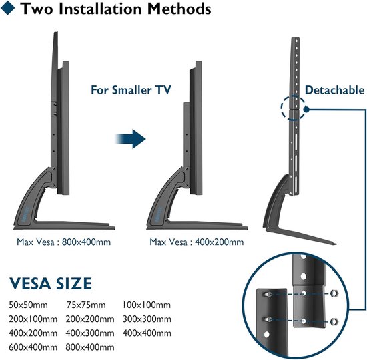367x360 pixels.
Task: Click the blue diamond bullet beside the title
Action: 8,8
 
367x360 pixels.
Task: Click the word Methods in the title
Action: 179,9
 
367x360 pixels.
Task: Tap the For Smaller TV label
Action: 131,90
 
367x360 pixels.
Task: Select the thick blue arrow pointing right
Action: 131,139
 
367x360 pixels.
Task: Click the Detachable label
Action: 335,90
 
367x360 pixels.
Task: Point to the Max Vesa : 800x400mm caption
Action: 63,242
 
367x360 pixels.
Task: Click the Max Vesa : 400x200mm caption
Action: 197,242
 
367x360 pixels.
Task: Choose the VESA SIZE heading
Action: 51,283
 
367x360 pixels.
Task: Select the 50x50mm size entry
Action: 28,305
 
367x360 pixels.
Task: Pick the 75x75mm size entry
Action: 86,305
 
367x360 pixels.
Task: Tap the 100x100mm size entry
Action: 147,305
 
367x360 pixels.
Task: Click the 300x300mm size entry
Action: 147,319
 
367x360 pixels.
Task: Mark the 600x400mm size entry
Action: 33,347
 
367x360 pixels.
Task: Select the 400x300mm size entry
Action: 90,333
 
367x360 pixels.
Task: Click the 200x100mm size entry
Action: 33,319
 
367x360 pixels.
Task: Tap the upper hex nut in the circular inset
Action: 334,293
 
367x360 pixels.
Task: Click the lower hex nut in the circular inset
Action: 334,321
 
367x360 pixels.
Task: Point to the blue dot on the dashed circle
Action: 306,109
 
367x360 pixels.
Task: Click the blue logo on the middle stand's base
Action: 158,214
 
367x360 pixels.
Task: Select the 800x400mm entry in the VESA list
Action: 90,347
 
